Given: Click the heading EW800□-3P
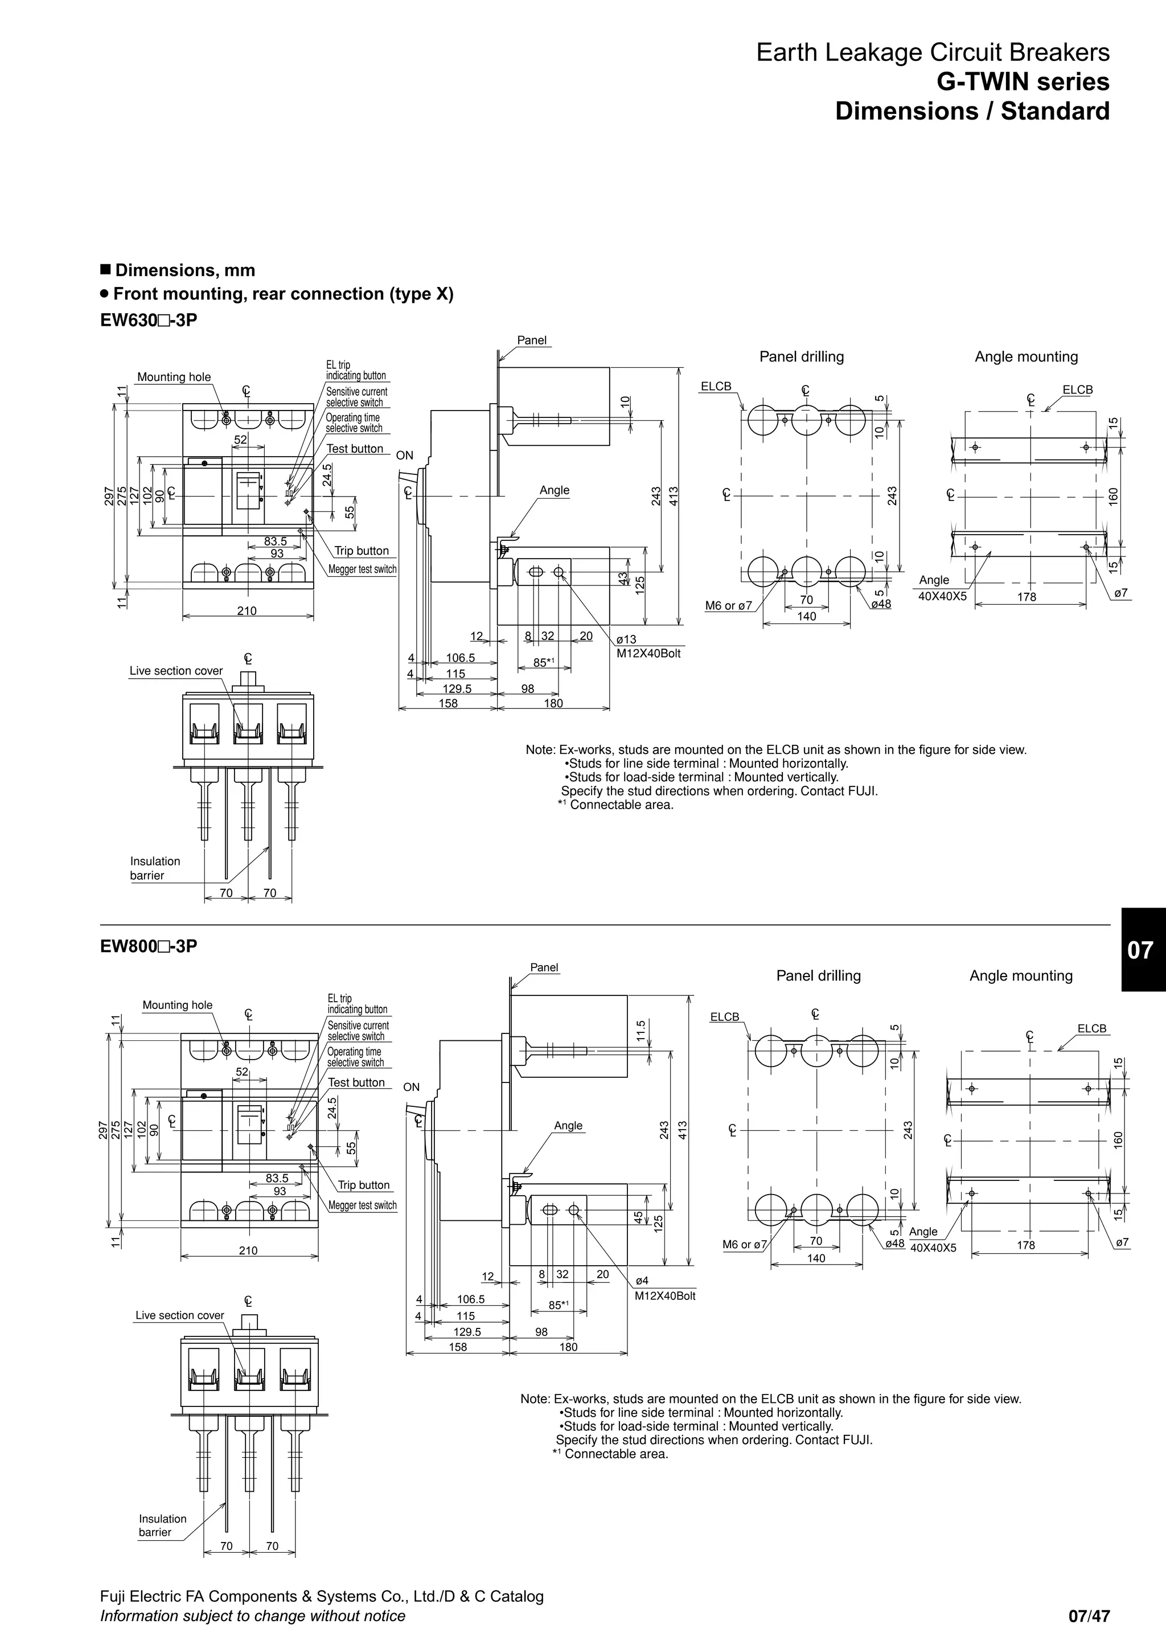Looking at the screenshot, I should tap(148, 946).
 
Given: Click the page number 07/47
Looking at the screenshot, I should tap(1089, 1616).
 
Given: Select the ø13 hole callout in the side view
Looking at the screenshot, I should tap(626, 639).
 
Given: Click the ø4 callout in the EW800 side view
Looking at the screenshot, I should tap(642, 1281).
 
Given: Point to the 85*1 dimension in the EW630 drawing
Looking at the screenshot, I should tap(544, 663).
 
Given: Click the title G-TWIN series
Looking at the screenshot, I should tap(1023, 82).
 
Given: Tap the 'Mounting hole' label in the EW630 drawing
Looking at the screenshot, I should tap(174, 377).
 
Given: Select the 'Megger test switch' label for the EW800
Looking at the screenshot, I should tap(362, 1205).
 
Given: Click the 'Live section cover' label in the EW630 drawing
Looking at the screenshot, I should tap(176, 671).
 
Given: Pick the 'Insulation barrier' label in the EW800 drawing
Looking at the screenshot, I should tap(162, 1525).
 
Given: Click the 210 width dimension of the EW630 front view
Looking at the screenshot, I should tap(247, 610).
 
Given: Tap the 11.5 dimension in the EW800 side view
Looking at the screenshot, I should tap(641, 1029).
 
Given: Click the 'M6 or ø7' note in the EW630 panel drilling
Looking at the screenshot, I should tap(728, 605).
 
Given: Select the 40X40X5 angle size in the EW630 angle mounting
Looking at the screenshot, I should tap(942, 596).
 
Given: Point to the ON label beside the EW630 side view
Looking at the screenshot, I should tap(404, 456).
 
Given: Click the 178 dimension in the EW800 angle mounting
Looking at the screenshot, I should tap(1026, 1245).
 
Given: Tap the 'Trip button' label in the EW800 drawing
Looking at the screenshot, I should tap(363, 1185).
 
